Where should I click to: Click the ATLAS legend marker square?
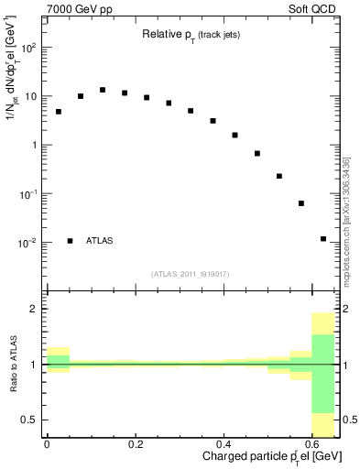coord(70,241)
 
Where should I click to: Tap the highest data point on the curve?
coord(103,90)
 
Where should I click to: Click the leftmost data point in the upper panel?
coord(59,112)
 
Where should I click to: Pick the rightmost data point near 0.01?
coord(323,239)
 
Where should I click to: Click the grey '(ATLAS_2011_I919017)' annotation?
coord(191,274)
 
